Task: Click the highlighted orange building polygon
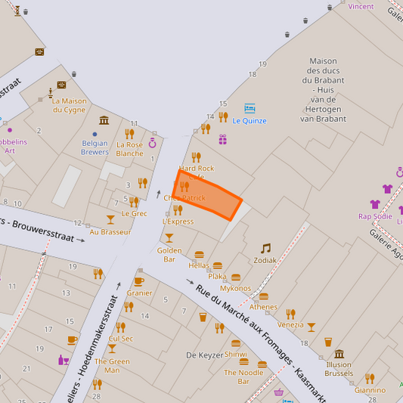point(209,195)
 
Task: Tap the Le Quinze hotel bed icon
point(250,108)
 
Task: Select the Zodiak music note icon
point(265,248)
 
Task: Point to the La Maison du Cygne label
point(69,105)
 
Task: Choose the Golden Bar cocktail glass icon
point(169,238)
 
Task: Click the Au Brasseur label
point(110,231)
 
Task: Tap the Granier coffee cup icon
point(139,281)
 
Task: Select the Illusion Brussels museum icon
point(339,353)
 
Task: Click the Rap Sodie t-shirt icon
point(375,204)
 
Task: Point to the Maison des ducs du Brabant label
point(323,89)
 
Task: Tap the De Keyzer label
point(204,355)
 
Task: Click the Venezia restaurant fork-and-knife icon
point(290,314)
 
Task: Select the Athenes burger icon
point(264,296)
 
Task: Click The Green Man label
point(111,366)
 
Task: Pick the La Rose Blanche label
point(129,149)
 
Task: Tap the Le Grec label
point(134,213)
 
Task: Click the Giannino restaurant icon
point(370,378)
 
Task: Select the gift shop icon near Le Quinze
point(222,139)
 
